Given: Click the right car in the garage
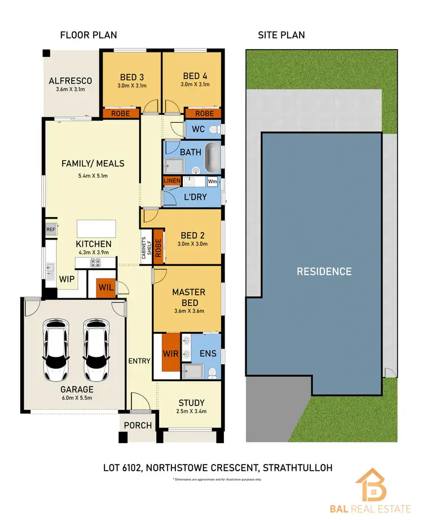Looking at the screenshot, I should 96,351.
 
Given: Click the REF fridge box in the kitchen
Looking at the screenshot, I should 51,230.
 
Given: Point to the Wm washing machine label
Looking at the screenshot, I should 212,182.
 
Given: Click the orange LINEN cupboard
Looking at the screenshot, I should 171,180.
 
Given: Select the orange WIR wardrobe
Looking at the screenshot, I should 170,353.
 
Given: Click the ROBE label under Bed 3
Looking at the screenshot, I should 121,113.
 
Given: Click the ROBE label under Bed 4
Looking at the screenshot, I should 204,113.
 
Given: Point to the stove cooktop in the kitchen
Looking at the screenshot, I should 92,263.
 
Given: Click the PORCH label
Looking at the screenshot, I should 138,425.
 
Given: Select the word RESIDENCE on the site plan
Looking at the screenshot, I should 324,271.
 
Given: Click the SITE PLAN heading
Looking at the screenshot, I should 281,35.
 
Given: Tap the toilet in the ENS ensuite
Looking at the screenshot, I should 212,371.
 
